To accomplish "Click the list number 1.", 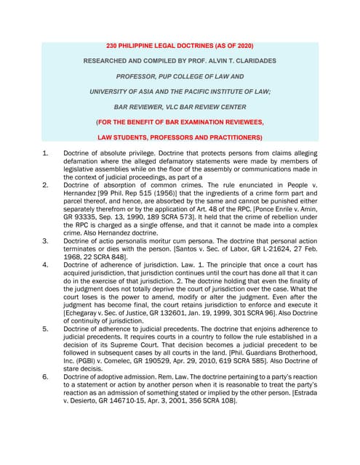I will click(45, 153).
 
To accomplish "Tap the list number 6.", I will click(45, 376).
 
